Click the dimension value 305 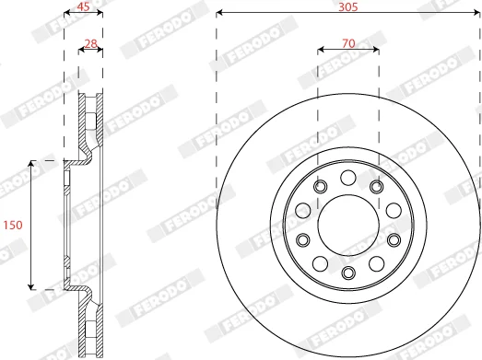(x=348, y=6)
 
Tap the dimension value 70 (x=348, y=43)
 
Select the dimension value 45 (x=83, y=6)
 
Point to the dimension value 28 (x=90, y=43)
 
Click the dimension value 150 (x=13, y=226)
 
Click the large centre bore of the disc (x=348, y=226)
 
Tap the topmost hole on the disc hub (x=348, y=178)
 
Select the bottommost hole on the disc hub (x=348, y=273)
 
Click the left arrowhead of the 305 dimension (x=219, y=13)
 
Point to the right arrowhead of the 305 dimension (x=476, y=13)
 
